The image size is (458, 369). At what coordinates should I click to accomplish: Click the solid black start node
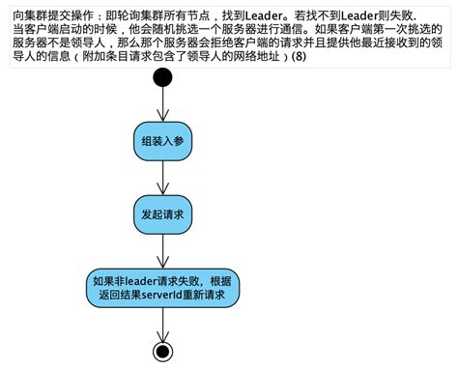point(162,78)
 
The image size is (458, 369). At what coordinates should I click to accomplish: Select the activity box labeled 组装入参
point(162,140)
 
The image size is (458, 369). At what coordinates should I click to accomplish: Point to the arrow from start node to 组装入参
point(162,101)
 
